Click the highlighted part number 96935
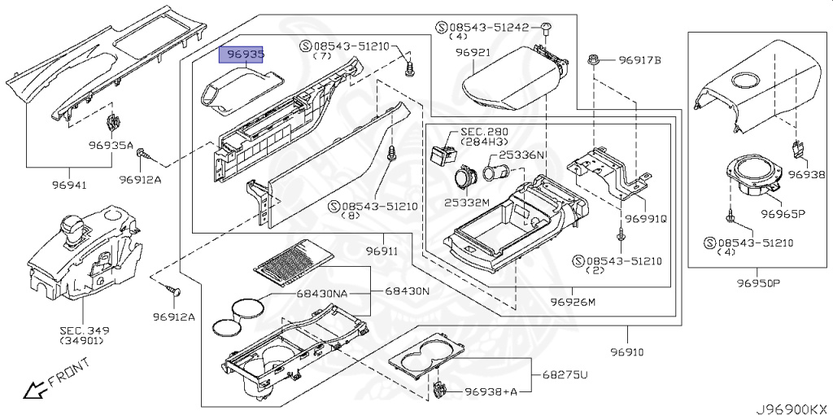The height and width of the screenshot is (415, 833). (x=245, y=55)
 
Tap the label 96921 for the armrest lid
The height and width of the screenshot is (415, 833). (x=473, y=52)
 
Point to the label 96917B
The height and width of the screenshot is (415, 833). (x=639, y=60)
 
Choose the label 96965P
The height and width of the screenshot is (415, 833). (x=783, y=215)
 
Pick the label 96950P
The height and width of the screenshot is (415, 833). (x=759, y=283)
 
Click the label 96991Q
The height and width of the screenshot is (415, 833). (x=646, y=219)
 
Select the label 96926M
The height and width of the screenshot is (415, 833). (x=573, y=303)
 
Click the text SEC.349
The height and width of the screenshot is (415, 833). (x=84, y=330)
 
